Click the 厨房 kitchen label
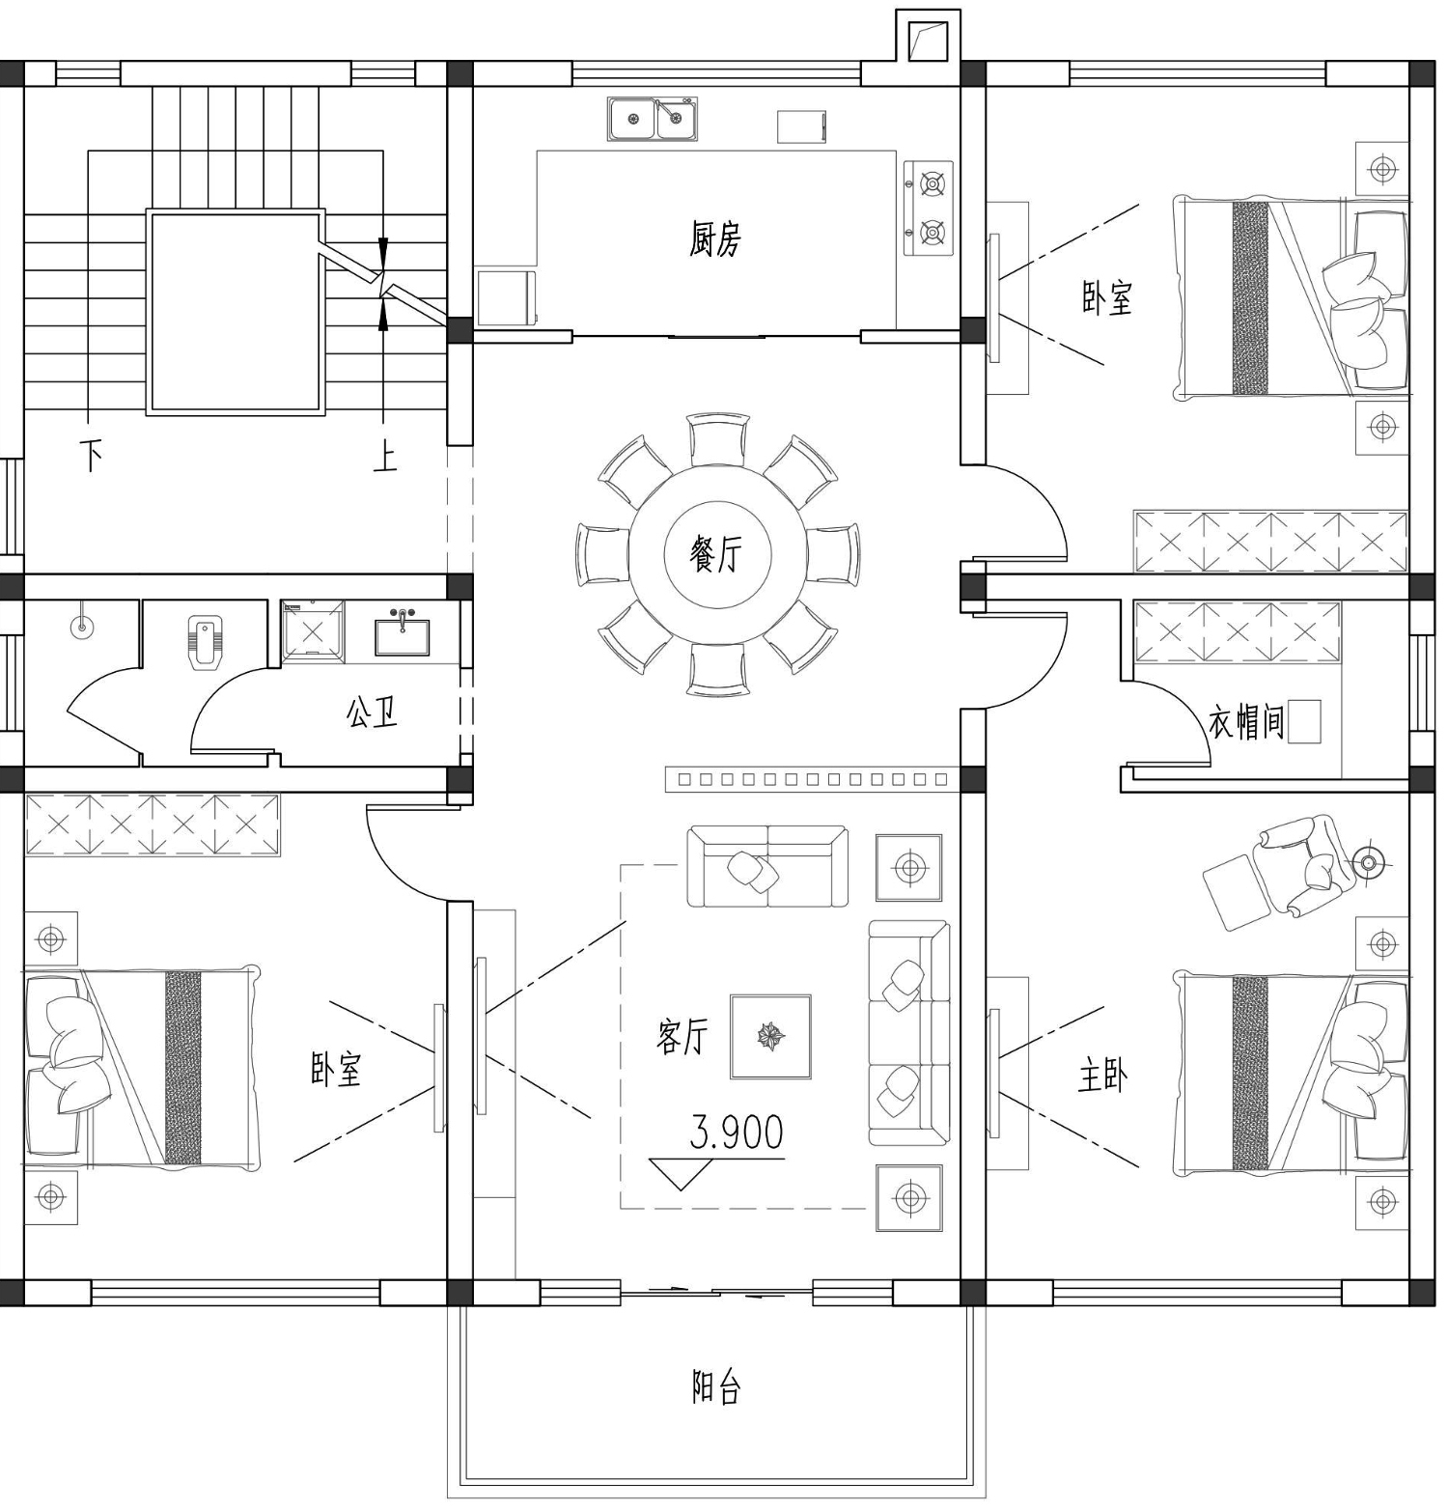click(x=715, y=238)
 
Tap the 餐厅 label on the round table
click(x=716, y=554)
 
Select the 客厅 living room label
click(x=682, y=1037)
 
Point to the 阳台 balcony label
click(x=716, y=1387)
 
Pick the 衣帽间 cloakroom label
click(x=1246, y=721)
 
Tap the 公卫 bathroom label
click(x=372, y=713)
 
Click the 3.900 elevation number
click(x=737, y=1132)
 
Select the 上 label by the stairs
click(x=385, y=456)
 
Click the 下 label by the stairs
click(x=92, y=456)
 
